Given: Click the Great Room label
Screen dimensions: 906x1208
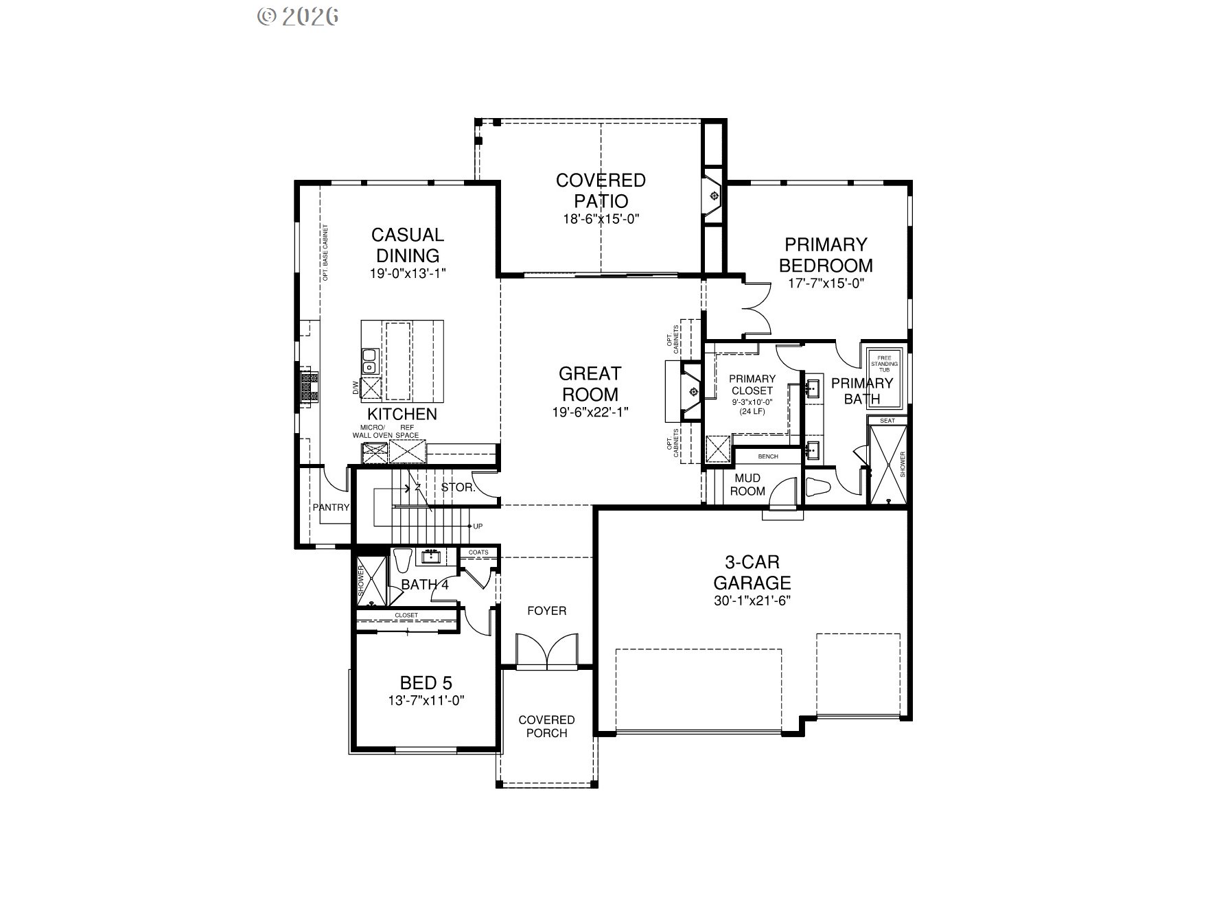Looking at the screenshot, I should pyautogui.click(x=590, y=384).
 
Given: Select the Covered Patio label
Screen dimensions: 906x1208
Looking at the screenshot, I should pyautogui.click(x=601, y=190).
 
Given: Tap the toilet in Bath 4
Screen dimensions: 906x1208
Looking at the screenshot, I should pyautogui.click(x=403, y=561).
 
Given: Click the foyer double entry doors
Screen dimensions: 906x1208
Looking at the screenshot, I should pyautogui.click(x=546, y=651).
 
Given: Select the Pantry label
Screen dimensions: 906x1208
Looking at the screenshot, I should pyautogui.click(x=331, y=508).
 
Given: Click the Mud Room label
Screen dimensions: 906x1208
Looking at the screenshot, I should pyautogui.click(x=747, y=485).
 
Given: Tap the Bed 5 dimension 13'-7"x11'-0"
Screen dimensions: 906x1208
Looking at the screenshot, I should pyautogui.click(x=426, y=701).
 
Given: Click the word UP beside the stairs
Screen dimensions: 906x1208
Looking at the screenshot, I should pyautogui.click(x=478, y=526).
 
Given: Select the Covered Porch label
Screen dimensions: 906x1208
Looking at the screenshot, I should pyautogui.click(x=546, y=726).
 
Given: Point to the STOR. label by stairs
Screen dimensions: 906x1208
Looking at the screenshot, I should pyautogui.click(x=457, y=488).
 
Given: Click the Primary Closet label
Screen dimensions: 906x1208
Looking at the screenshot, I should pyautogui.click(x=752, y=384).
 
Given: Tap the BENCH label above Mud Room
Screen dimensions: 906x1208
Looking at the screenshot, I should pyautogui.click(x=767, y=456).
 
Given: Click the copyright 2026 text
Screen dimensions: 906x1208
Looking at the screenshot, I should pyautogui.click(x=298, y=16).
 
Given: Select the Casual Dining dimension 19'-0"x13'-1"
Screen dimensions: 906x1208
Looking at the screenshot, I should pyautogui.click(x=408, y=273).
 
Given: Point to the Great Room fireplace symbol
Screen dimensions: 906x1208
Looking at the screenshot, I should pyautogui.click(x=693, y=392).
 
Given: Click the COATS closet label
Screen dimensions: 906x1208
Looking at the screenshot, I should pyautogui.click(x=478, y=553).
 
